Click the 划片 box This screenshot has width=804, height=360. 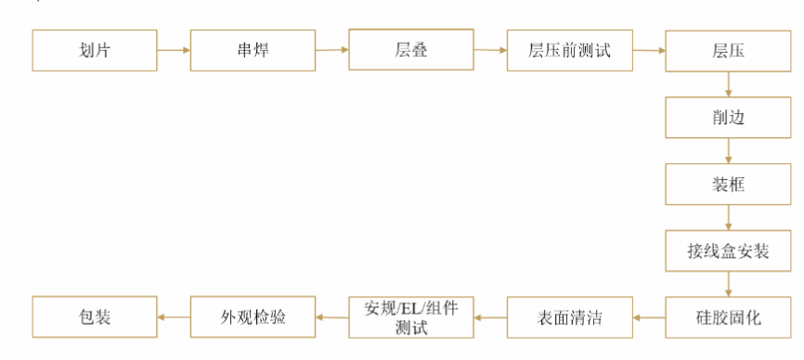[x=95, y=50]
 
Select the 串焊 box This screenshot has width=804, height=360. [x=253, y=50]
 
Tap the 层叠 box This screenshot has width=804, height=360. [x=411, y=49]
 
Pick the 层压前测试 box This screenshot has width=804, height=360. [x=569, y=50]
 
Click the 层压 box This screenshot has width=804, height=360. [x=728, y=50]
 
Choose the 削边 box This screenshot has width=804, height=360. [x=728, y=117]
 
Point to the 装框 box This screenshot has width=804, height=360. [x=728, y=184]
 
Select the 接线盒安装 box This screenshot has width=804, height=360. [x=728, y=251]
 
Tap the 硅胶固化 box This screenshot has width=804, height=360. [x=728, y=317]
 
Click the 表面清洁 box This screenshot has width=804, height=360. [x=569, y=317]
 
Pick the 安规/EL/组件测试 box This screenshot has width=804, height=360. [x=411, y=317]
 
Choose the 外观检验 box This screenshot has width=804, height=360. [x=253, y=317]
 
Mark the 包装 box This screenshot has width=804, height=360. [x=95, y=317]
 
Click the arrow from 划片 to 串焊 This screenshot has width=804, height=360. [x=174, y=50]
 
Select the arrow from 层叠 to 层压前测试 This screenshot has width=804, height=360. [x=490, y=50]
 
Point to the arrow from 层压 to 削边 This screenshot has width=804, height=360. [x=728, y=84]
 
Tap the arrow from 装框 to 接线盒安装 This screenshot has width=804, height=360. [x=728, y=217]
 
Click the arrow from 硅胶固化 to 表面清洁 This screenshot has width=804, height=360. [x=649, y=317]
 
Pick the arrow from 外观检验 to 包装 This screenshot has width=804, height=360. [x=174, y=317]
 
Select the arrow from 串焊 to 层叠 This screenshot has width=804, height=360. [x=332, y=50]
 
